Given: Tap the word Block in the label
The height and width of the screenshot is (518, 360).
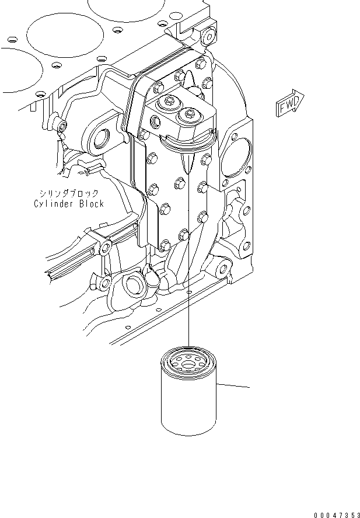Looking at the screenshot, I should point(92,204).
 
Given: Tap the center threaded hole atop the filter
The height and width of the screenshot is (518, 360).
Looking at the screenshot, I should point(188,366).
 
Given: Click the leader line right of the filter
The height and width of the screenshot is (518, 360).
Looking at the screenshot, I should point(233,385).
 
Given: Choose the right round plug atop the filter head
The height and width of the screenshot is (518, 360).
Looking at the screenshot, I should point(189,114).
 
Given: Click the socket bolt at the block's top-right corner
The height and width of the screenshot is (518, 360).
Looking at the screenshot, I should point(208,38).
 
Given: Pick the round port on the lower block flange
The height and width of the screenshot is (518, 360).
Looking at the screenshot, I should point(134,286).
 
